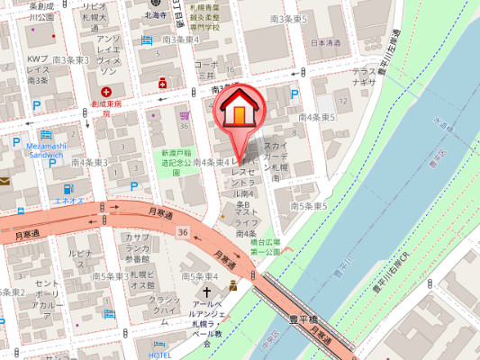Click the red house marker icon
point(240,105)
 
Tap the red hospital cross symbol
point(106,92)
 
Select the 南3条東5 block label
point(288,18)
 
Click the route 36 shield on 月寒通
point(183,233)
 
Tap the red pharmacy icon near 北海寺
point(163,83)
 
